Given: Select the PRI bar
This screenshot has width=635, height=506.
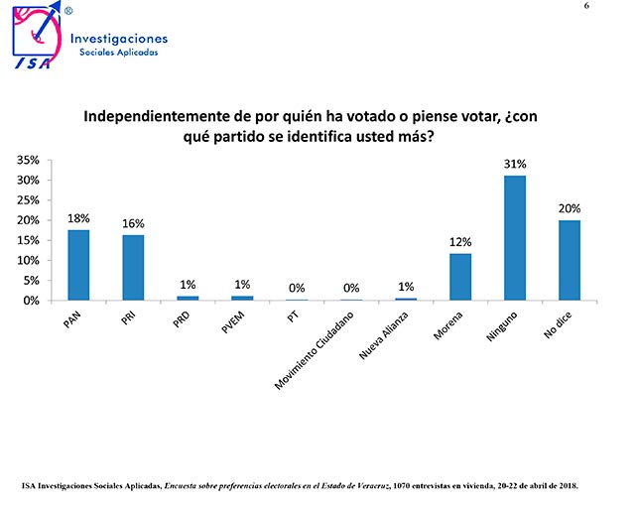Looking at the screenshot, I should click(133, 267).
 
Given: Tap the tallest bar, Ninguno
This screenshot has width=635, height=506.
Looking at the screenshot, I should click(514, 238).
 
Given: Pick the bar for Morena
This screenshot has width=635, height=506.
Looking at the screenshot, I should click(460, 277).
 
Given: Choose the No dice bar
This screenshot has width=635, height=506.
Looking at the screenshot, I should click(569, 260).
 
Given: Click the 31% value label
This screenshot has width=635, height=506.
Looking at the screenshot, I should click(514, 164).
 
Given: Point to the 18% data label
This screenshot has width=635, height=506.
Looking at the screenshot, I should click(78, 218).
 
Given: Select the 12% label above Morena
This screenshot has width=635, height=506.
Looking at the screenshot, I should click(460, 242).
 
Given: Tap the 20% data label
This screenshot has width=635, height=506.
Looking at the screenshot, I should click(569, 208).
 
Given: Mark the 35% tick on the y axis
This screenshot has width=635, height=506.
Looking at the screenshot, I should click(28, 161).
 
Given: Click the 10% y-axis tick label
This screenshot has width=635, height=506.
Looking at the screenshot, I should click(28, 260).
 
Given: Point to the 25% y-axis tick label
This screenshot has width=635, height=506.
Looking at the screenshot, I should click(28, 200).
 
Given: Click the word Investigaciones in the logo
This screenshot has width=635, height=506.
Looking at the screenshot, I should click(119, 39).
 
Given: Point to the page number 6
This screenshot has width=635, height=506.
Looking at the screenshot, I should click(614, 7).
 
